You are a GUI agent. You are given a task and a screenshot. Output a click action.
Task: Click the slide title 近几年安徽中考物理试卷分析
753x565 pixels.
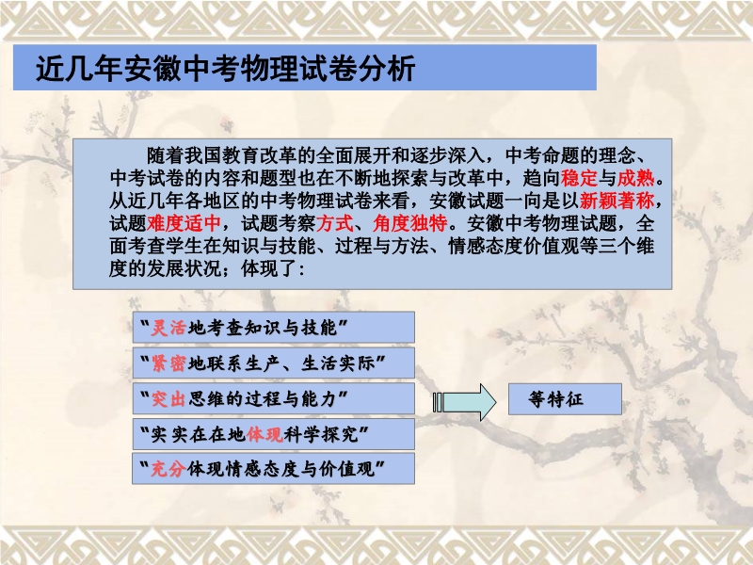(x=225, y=68)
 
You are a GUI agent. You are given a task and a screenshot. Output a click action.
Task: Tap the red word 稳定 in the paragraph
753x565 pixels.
(x=579, y=178)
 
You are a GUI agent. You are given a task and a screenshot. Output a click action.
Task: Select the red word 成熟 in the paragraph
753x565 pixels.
(x=636, y=178)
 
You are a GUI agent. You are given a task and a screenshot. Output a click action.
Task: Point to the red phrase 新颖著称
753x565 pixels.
(x=617, y=201)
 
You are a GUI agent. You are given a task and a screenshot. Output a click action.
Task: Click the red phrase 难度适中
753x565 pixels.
(x=184, y=223)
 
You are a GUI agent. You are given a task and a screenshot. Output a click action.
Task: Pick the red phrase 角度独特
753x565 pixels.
(x=410, y=223)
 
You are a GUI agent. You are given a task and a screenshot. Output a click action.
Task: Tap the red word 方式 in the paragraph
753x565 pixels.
(x=335, y=223)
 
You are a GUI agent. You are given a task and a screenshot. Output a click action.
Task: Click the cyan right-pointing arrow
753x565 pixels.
(x=464, y=402)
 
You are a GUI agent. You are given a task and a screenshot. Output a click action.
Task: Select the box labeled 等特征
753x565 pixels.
(x=566, y=399)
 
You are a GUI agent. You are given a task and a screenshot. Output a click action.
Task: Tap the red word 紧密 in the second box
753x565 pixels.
(x=168, y=363)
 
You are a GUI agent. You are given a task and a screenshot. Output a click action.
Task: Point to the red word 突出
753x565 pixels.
(x=168, y=398)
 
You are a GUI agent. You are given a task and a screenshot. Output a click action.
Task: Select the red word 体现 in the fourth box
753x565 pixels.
(x=264, y=434)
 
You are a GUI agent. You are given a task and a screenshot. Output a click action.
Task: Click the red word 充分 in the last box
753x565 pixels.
(x=168, y=469)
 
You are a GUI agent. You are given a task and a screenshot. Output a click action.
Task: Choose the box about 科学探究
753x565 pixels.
(x=274, y=434)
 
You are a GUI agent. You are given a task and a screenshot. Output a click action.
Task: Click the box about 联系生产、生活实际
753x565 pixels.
(x=274, y=363)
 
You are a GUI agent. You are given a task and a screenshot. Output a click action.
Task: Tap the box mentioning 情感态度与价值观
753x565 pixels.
(x=274, y=468)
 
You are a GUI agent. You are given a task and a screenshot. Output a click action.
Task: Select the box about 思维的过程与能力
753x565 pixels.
(x=274, y=398)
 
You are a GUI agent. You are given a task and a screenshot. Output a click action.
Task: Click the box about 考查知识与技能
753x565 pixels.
(x=274, y=327)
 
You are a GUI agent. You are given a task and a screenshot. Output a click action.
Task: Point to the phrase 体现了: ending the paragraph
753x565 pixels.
(x=273, y=268)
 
